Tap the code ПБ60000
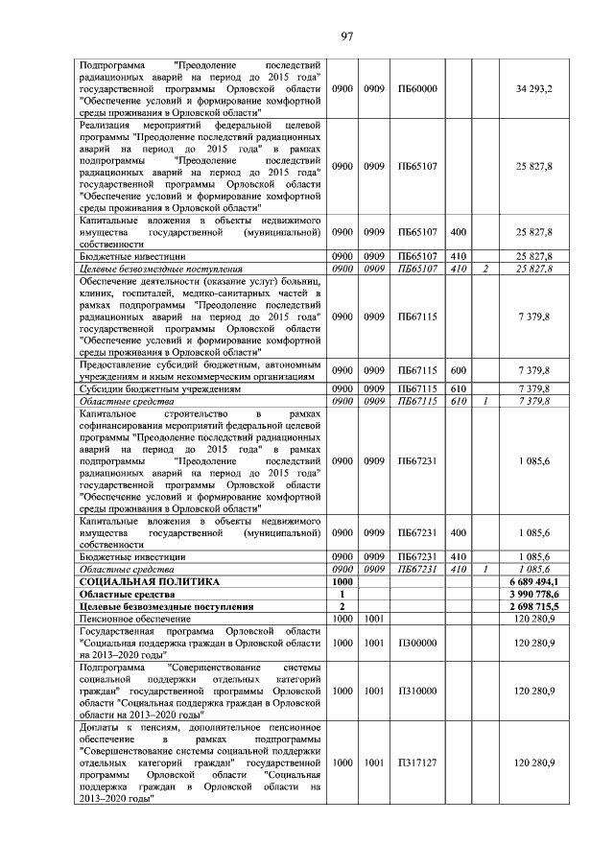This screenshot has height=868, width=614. [417, 88]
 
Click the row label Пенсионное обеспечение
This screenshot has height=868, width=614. [135, 619]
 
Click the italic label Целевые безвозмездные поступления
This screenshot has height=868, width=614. [159, 269]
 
